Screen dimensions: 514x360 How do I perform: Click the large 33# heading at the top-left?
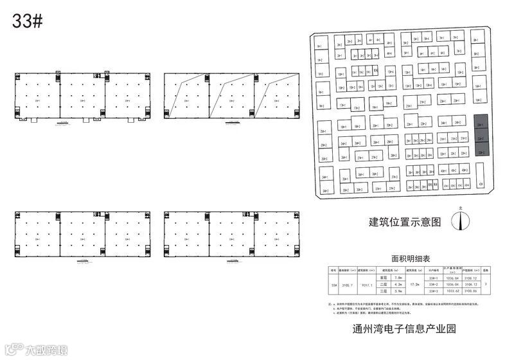[x=27, y=21]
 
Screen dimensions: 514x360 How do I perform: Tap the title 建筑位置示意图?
[x=405, y=222]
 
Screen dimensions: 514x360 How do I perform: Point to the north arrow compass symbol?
[x=459, y=219]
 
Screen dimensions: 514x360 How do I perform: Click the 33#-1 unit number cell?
[x=433, y=278]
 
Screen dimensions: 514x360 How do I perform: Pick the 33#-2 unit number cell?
[x=433, y=284]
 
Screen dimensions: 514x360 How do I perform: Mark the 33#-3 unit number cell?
[x=433, y=291]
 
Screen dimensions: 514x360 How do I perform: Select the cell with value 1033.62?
[x=454, y=291]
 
